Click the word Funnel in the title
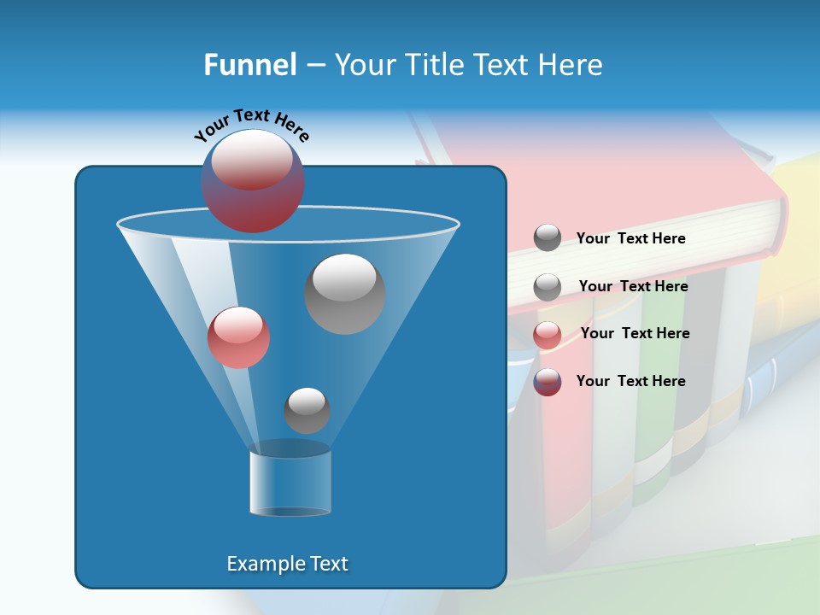tap(249, 65)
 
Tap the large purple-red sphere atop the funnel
tap(253, 181)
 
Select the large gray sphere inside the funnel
tap(344, 293)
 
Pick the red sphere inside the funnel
tap(238, 337)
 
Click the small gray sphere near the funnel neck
tap(307, 410)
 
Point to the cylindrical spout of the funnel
tap(290, 483)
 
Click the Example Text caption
tap(287, 564)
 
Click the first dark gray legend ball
tap(548, 238)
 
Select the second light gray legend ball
tap(548, 287)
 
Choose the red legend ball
tap(548, 335)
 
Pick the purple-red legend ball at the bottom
tap(548, 382)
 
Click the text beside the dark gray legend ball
tap(630, 239)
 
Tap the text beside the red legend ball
tap(635, 333)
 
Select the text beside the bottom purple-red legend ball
tap(630, 381)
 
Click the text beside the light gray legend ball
tap(633, 286)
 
